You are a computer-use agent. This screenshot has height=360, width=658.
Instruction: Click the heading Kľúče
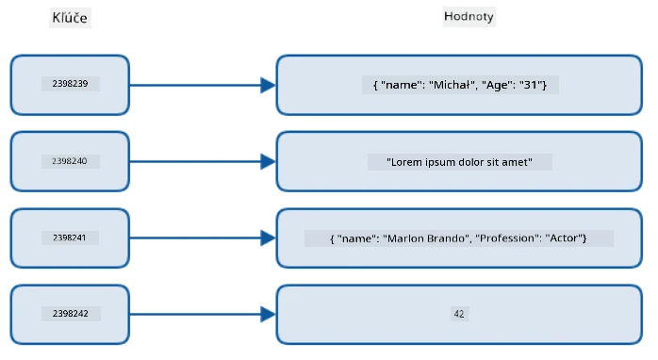70,18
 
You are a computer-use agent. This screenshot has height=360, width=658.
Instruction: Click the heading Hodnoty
469,16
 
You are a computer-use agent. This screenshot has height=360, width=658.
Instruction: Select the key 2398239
70,84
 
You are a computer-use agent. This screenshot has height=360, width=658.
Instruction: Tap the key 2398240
70,161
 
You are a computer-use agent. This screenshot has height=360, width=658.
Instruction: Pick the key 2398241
69,237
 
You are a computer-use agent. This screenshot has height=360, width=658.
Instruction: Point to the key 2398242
71,314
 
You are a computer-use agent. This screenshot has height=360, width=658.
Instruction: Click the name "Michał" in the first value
452,85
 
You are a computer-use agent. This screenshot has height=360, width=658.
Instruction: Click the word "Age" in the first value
497,85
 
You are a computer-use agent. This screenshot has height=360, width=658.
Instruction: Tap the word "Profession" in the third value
509,238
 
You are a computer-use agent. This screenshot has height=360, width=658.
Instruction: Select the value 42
459,314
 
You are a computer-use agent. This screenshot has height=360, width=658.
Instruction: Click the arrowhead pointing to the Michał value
268,85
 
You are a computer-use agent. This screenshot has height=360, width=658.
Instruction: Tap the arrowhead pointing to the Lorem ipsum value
268,161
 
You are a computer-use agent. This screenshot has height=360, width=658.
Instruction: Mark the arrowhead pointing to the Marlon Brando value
268,237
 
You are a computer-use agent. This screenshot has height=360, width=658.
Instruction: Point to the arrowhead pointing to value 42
268,314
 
